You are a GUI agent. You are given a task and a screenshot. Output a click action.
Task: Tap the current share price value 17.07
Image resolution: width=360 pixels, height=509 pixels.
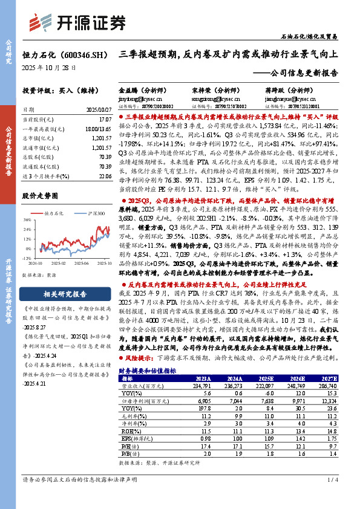tap(104, 120)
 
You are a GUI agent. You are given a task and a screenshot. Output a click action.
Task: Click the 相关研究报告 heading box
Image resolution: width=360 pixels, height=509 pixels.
tap(65, 295)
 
